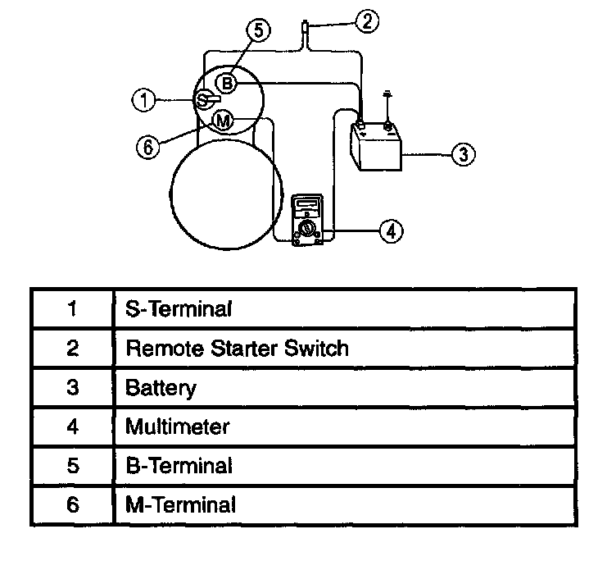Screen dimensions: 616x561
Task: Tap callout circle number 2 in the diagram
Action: (x=369, y=22)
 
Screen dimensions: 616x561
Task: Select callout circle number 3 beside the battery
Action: (x=464, y=153)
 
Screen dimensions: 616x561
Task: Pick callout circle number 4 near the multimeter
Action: (x=392, y=231)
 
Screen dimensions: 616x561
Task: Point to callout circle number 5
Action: (x=257, y=32)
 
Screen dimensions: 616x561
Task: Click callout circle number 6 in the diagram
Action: (x=147, y=147)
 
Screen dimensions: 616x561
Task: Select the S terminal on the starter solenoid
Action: (x=203, y=100)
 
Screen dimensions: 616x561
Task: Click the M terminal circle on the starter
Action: (x=223, y=121)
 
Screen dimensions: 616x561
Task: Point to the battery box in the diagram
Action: (x=374, y=148)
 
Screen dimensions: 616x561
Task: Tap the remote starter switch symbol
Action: (x=304, y=31)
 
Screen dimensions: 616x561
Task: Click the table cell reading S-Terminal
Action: (x=179, y=309)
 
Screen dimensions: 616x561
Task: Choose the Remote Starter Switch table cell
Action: (x=236, y=348)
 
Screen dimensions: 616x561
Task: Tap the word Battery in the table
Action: (x=161, y=387)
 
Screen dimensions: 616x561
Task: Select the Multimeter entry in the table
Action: (x=177, y=426)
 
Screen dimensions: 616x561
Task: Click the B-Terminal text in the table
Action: (x=179, y=465)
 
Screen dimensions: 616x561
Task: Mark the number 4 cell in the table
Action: (x=72, y=426)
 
